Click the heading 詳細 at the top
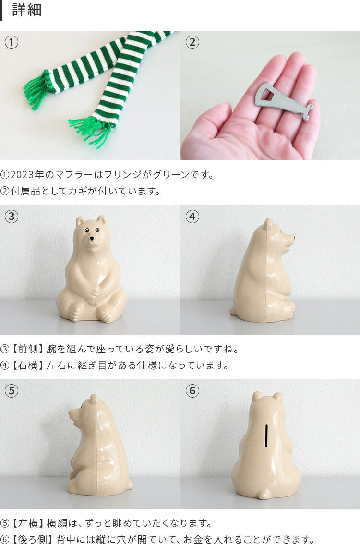(x=27, y=10)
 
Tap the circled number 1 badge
(x=12, y=42)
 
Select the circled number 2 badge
(x=192, y=42)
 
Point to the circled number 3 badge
(x=12, y=217)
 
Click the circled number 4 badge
(x=192, y=217)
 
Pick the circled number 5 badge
(x=12, y=391)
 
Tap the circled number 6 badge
(x=192, y=391)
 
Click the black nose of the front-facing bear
(x=92, y=239)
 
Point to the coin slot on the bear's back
(x=266, y=435)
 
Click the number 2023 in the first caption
(x=22, y=174)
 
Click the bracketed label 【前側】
(x=27, y=349)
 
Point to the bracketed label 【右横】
(x=27, y=365)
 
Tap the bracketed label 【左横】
(x=27, y=523)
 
